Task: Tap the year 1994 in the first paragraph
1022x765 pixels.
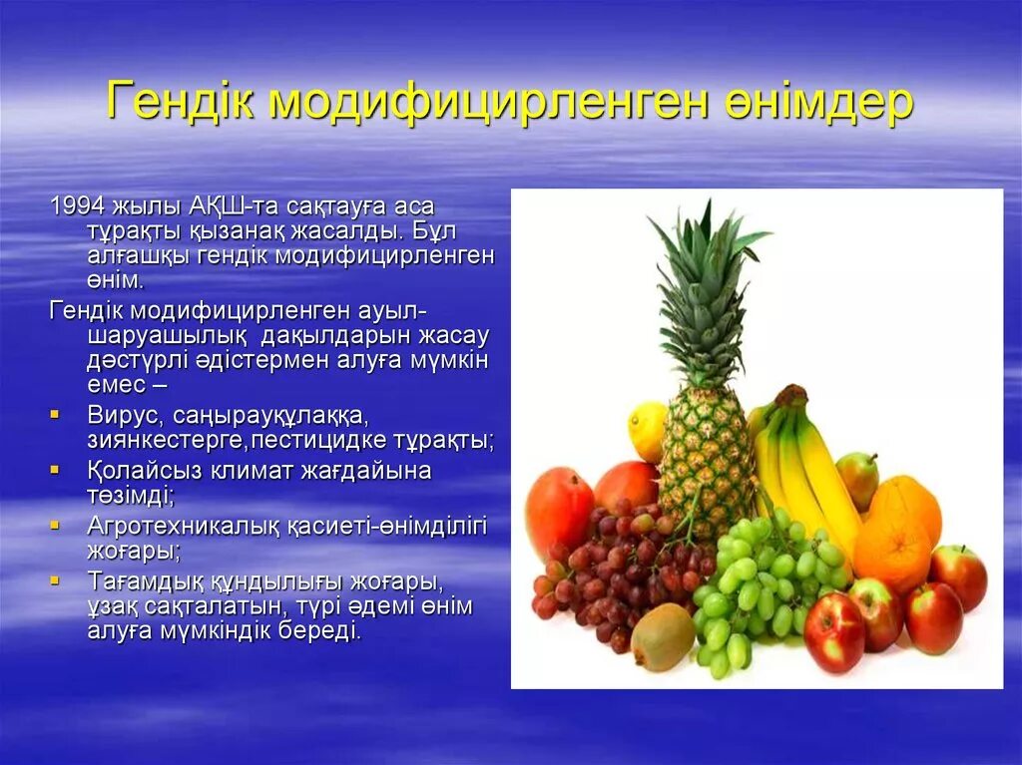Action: pyautogui.click(x=75, y=207)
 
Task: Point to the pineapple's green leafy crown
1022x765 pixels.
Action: pyautogui.click(x=706, y=289)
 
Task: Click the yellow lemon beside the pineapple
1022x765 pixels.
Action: pyautogui.click(x=647, y=430)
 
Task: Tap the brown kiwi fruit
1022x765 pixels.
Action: pyautogui.click(x=662, y=637)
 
